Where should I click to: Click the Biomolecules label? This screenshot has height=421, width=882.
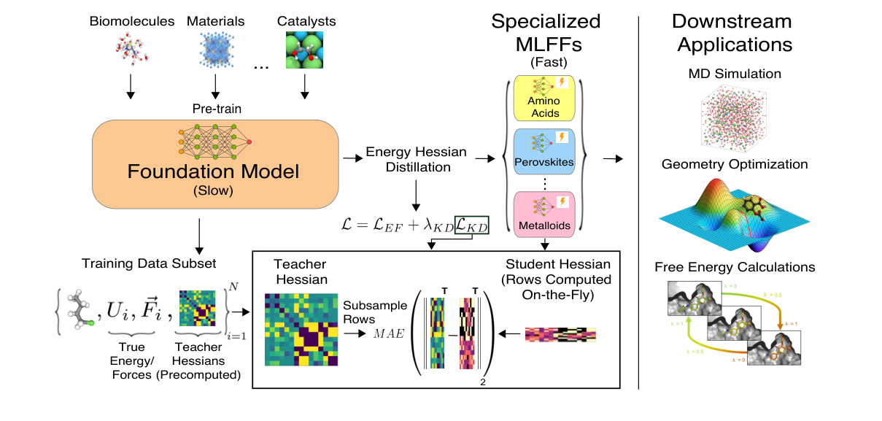click(x=132, y=21)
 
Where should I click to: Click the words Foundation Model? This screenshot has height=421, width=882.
click(x=213, y=173)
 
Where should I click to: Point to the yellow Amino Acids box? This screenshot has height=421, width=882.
click(x=545, y=96)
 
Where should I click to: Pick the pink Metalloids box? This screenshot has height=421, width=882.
click(x=545, y=212)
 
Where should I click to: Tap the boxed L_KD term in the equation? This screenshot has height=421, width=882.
click(x=471, y=226)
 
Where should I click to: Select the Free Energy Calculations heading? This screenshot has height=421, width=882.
click(x=735, y=267)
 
